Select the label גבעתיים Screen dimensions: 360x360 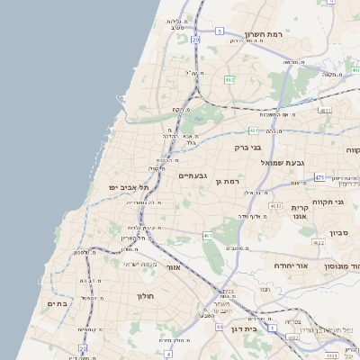click(x=193, y=175)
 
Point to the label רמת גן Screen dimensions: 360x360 click(x=231, y=182)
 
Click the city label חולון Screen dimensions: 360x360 click(x=146, y=295)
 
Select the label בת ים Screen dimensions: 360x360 click(x=57, y=304)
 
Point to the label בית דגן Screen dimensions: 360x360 click(x=264, y=329)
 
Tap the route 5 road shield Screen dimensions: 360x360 click(x=219, y=31)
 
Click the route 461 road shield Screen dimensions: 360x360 click(x=208, y=236)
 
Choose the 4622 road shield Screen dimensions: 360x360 click(x=318, y=242)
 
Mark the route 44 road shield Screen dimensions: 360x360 click(x=219, y=328)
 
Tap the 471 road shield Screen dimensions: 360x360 click(x=319, y=178)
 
